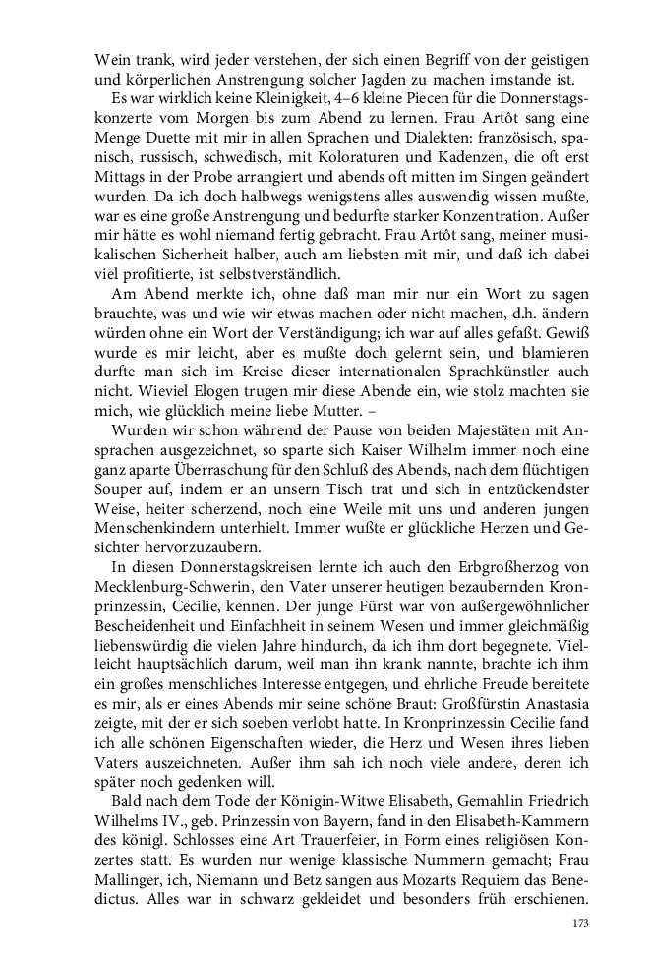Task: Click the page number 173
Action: click(579, 925)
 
